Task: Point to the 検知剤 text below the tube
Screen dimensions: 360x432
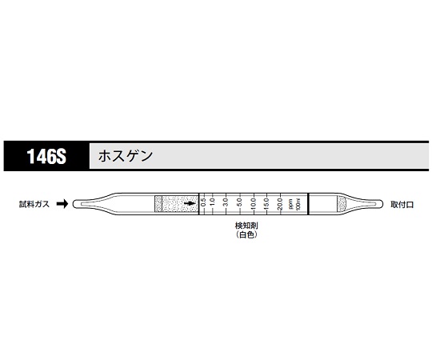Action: pyautogui.click(x=244, y=226)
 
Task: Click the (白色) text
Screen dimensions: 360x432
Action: pyautogui.click(x=244, y=236)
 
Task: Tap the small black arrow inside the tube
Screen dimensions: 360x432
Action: pyautogui.click(x=190, y=205)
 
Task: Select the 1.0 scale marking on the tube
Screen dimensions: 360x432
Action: pyautogui.click(x=214, y=205)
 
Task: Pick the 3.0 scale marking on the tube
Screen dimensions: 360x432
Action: pyautogui.click(x=226, y=205)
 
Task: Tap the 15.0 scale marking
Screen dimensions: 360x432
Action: pyautogui.click(x=266, y=205)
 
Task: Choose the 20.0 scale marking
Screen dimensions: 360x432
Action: pyautogui.click(x=279, y=205)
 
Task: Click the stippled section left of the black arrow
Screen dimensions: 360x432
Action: pyautogui.click(x=172, y=205)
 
